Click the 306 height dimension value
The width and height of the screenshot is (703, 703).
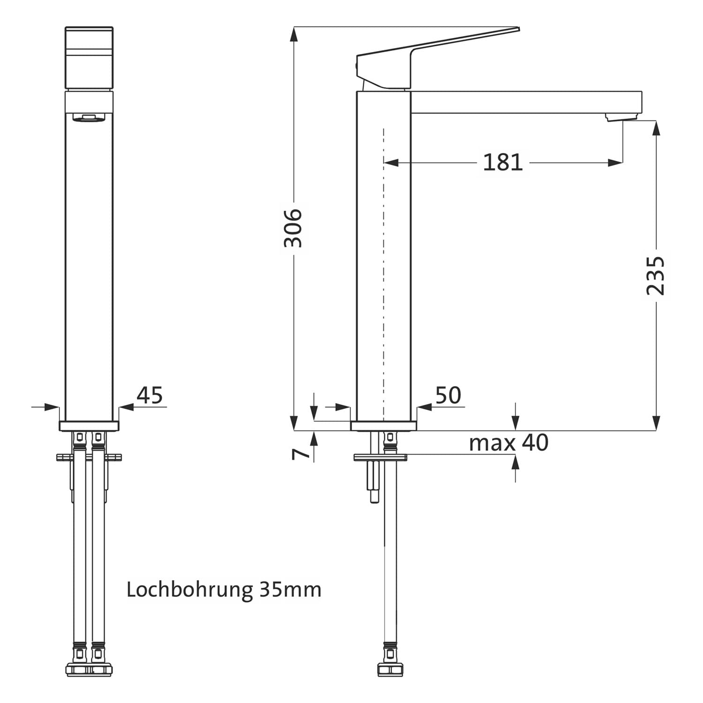click(x=293, y=228)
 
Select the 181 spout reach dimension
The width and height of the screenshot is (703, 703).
click(x=503, y=163)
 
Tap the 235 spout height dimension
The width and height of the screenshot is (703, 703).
click(x=656, y=276)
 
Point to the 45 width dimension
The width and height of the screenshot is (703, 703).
click(x=150, y=395)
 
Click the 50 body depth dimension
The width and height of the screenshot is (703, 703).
click(x=449, y=395)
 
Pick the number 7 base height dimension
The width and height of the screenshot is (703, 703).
click(x=301, y=454)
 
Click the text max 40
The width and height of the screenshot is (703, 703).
click(x=509, y=443)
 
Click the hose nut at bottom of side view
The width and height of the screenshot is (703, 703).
click(x=390, y=668)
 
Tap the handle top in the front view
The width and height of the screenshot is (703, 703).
click(x=89, y=58)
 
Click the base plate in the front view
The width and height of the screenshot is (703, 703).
click(x=89, y=426)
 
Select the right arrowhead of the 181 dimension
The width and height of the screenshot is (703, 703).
click(x=615, y=163)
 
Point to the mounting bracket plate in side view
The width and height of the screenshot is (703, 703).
click(x=380, y=457)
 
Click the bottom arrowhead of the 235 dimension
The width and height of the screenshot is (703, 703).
click(x=656, y=422)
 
